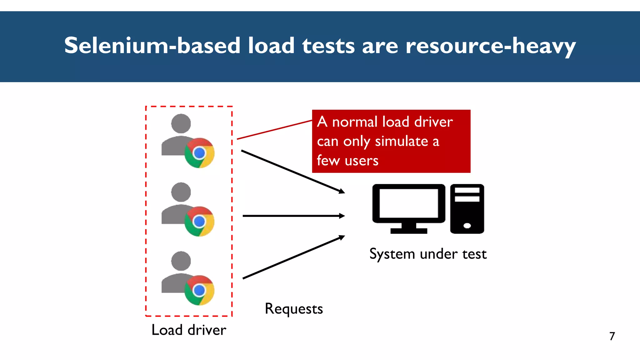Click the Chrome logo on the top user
[x=199, y=153]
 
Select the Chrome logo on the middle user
[x=199, y=222]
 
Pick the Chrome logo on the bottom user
[x=199, y=290]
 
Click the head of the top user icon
[x=181, y=123]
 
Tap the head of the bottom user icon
[x=181, y=261]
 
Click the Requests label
[x=294, y=309]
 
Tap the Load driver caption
[x=189, y=330]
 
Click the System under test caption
[x=428, y=254]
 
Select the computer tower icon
[x=467, y=209]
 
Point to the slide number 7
[x=612, y=336]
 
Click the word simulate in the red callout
[x=402, y=141]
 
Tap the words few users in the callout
[x=347, y=161]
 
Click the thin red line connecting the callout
[x=274, y=129]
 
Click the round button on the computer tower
[x=467, y=226]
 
